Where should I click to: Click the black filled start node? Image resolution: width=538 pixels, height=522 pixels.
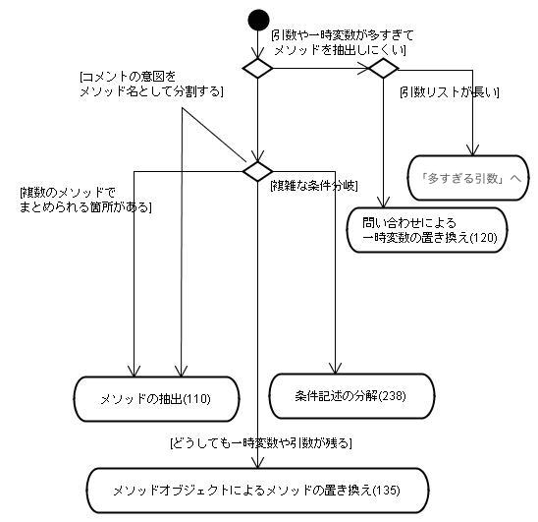point(258,20)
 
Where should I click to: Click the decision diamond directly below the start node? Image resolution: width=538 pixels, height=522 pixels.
point(257,68)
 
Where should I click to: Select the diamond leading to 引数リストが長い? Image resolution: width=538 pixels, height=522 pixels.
point(383,68)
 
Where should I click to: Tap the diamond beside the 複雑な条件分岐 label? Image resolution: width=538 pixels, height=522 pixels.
point(257,171)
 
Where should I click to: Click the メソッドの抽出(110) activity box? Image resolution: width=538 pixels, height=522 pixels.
point(156,399)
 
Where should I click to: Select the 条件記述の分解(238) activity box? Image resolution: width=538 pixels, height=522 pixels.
point(351,396)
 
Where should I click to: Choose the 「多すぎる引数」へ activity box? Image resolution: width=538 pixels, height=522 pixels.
point(468,178)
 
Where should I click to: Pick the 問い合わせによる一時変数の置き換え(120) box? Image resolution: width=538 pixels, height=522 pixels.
point(427,230)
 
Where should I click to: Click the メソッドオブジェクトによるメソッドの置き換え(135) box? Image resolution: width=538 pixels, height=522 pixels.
point(257,491)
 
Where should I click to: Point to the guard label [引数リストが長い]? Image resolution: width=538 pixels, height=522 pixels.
point(450,92)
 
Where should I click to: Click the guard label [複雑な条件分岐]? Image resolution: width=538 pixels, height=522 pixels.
point(314,186)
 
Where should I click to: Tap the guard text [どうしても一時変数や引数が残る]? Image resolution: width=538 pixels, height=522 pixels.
point(261,443)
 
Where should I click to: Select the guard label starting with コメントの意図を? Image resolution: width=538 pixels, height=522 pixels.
point(151,85)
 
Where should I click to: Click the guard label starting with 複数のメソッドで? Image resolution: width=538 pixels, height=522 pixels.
point(85,200)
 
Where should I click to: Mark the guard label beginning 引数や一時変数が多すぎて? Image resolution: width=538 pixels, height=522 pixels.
point(342,42)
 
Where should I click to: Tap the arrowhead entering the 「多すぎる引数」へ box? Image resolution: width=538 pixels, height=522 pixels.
point(473,150)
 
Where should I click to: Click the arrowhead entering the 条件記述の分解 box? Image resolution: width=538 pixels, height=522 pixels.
point(335,369)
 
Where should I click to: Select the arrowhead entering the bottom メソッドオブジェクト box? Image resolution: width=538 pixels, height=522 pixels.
point(257,463)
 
